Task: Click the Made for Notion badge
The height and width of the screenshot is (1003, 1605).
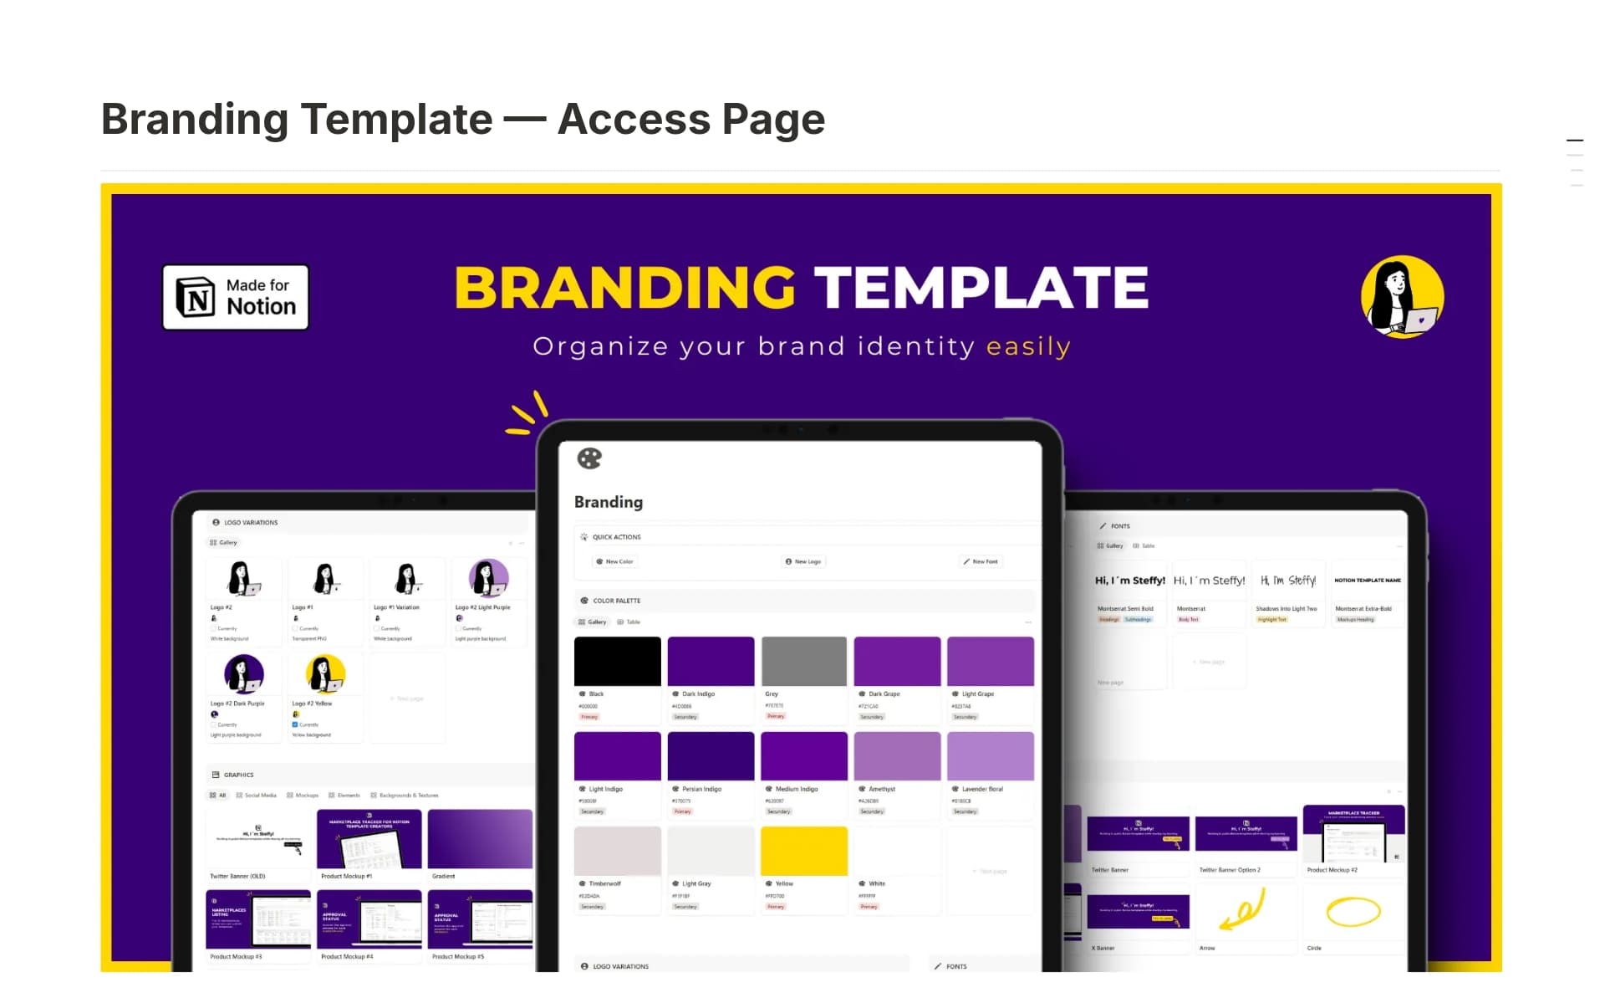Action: tap(235, 297)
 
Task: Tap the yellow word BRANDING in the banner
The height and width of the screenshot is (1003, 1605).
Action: tap(624, 288)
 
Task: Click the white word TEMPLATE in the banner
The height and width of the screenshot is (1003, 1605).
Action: tap(981, 288)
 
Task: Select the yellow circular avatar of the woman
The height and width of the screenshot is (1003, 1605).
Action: tap(1402, 297)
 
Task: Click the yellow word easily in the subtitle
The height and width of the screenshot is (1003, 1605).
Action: tap(1028, 346)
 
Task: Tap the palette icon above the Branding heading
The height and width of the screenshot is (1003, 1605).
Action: tap(589, 458)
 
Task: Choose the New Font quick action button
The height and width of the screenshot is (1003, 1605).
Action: tap(981, 561)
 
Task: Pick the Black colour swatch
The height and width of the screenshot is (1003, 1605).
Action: tap(617, 661)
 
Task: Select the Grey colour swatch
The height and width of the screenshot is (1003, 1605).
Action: tap(804, 661)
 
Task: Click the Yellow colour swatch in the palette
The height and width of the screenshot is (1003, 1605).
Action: tap(804, 851)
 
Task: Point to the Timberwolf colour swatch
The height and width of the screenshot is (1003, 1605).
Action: tap(617, 851)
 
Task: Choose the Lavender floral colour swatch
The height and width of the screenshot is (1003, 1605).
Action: tap(991, 755)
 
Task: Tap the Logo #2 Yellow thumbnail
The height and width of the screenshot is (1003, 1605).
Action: tap(325, 674)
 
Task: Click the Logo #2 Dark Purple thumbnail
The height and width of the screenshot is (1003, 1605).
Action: tap(244, 674)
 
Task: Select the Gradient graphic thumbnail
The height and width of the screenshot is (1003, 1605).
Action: tap(480, 838)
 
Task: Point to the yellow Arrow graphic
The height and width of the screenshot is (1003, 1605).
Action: tap(1244, 911)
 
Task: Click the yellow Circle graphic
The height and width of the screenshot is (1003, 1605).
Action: tap(1353, 911)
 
